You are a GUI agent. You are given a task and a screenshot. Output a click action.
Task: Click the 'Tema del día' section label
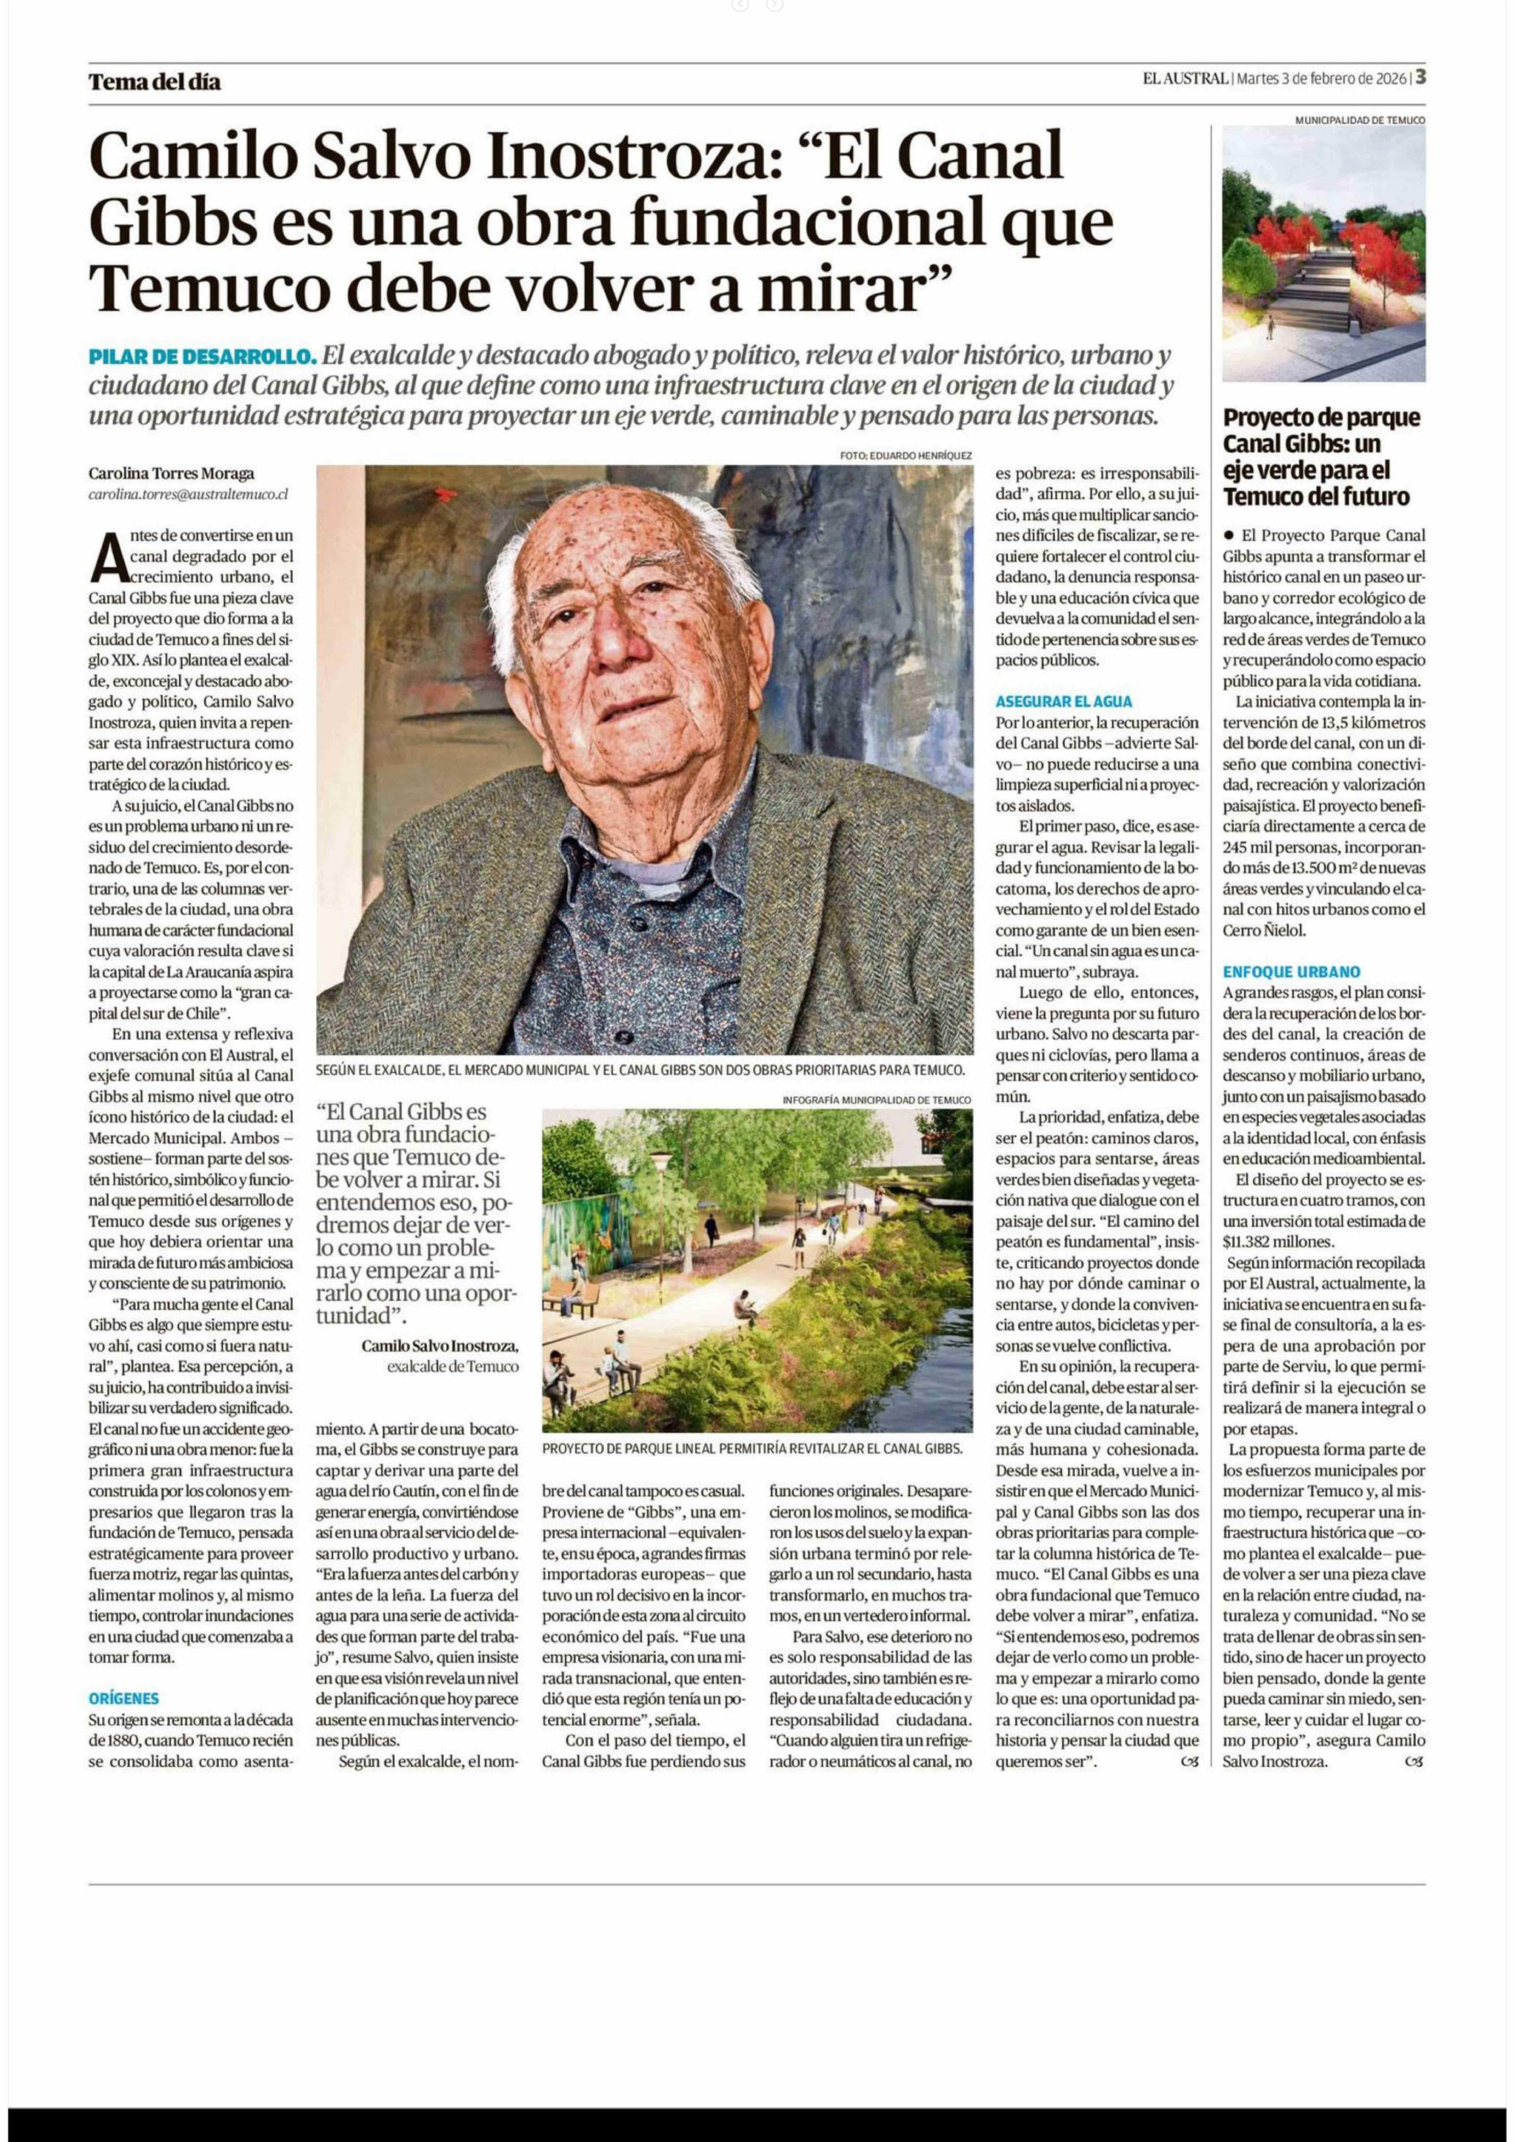[x=155, y=82]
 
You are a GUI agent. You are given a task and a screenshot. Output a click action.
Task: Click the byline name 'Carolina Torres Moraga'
[x=172, y=473]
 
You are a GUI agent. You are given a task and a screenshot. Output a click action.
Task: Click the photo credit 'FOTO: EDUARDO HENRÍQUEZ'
[x=905, y=455]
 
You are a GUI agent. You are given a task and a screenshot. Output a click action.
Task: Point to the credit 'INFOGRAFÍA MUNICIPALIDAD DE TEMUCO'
[x=877, y=1101]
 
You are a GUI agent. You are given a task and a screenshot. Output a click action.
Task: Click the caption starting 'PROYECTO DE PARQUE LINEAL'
[x=752, y=1449]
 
